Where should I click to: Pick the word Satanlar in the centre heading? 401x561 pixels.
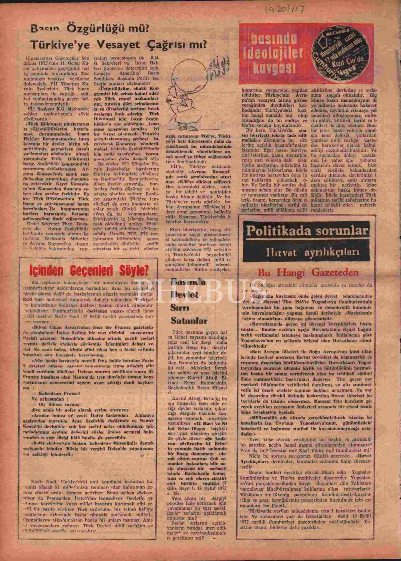tap(189, 321)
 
